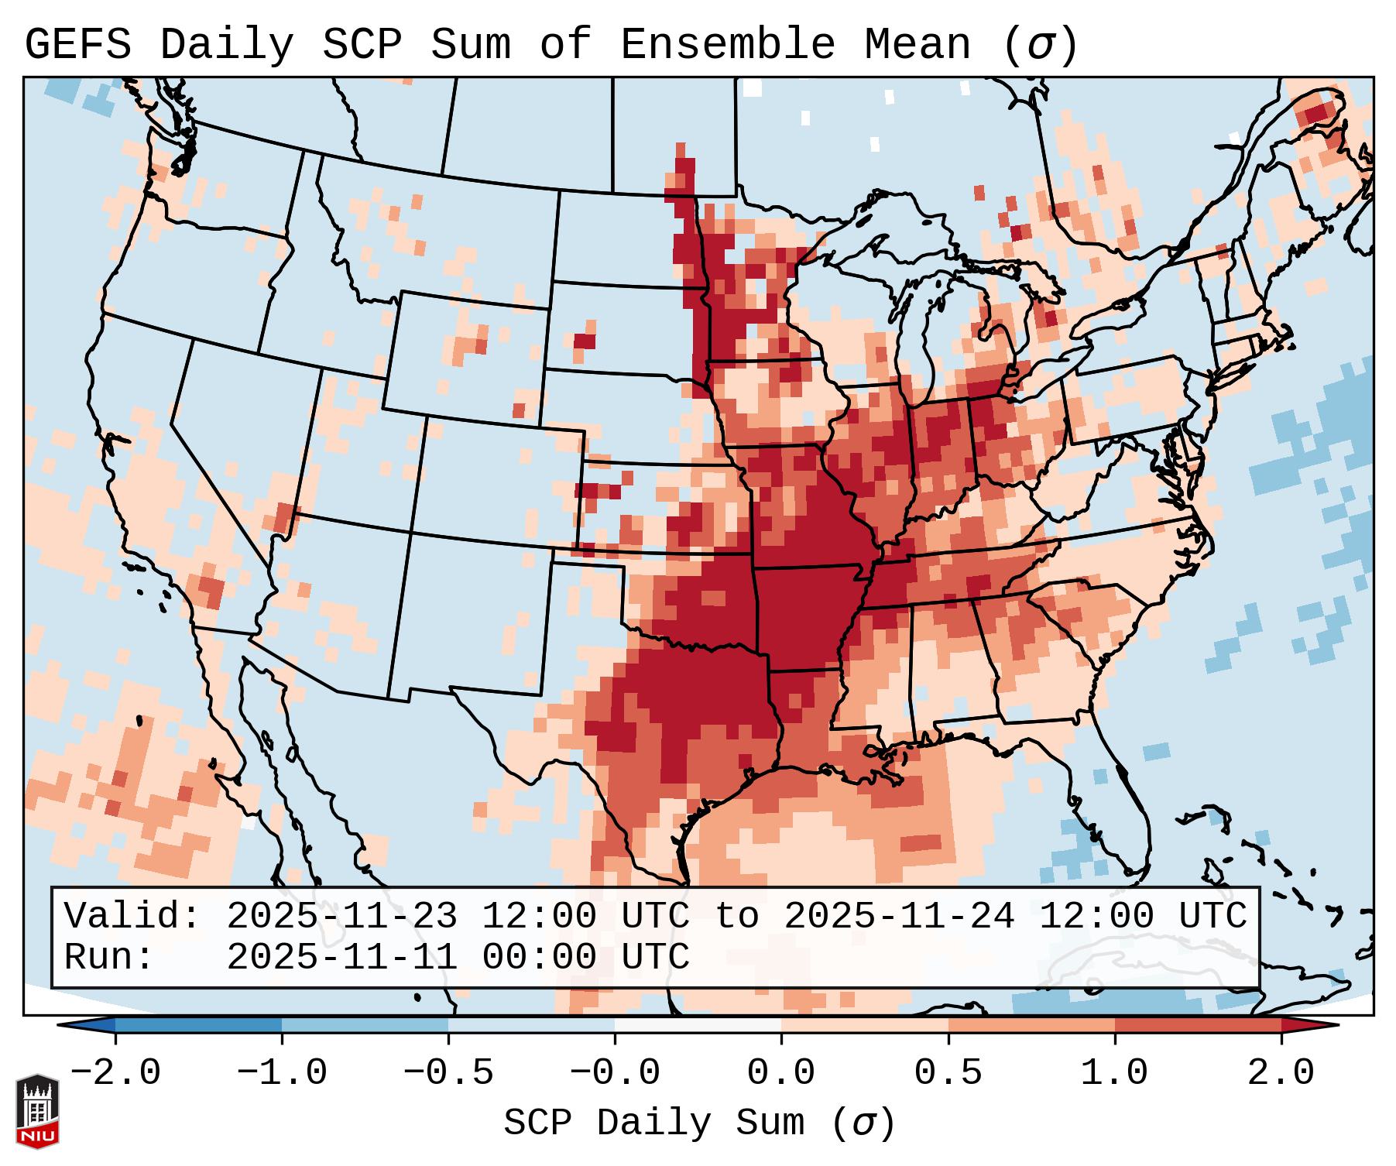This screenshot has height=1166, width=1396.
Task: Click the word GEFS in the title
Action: click(77, 45)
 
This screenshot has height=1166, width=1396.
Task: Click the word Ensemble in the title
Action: click(727, 45)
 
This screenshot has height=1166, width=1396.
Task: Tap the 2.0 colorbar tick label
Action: click(1281, 1073)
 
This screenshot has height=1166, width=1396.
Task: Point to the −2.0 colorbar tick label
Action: click(115, 1073)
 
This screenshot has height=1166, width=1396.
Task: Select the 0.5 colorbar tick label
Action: click(948, 1073)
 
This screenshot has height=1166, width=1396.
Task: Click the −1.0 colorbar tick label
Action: click(281, 1073)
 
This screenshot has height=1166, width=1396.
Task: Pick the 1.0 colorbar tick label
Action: click(1114, 1073)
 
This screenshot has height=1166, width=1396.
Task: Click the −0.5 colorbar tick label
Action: click(448, 1073)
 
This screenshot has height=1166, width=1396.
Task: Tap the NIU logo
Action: click(37, 1111)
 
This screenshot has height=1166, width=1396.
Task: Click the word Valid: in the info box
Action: click(132, 916)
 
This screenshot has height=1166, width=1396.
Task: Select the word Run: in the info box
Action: click(109, 957)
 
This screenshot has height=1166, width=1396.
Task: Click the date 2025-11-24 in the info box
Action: click(899, 916)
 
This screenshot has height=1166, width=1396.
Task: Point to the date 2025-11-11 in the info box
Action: click(341, 957)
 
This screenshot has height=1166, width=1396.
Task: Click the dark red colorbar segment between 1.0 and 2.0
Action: click(1198, 1025)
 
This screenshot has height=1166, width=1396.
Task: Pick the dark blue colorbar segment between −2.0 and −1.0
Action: click(198, 1025)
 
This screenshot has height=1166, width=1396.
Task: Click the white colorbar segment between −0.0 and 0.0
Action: click(698, 1025)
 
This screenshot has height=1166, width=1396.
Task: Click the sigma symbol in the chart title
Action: click(1040, 45)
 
